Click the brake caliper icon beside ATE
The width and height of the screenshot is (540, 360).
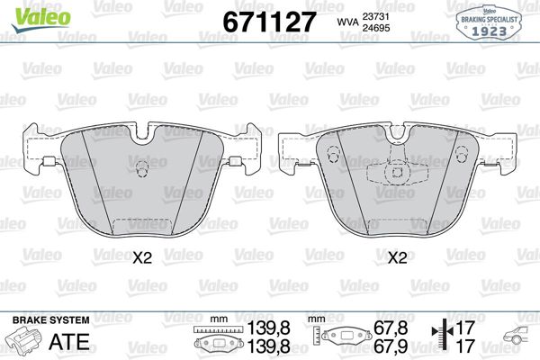(x=26, y=343)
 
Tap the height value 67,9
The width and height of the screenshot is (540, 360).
(x=391, y=346)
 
